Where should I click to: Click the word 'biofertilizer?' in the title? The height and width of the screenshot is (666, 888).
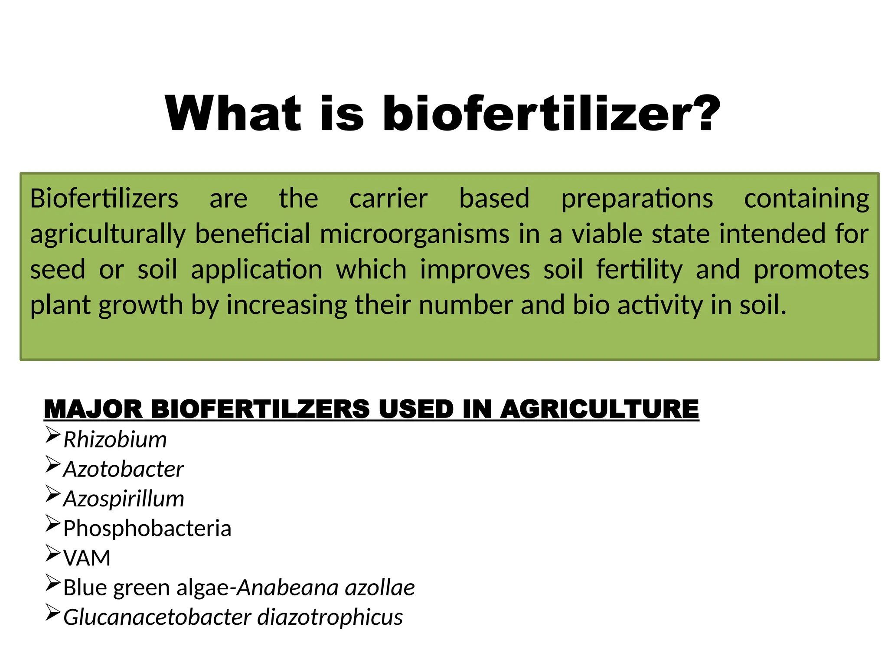coord(552,114)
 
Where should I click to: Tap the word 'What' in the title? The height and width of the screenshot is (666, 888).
coord(233,114)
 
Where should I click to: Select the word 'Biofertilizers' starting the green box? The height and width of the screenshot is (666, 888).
coord(104,199)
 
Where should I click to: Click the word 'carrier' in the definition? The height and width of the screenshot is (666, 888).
coord(388,199)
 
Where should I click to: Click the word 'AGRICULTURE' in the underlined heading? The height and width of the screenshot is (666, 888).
coord(599,409)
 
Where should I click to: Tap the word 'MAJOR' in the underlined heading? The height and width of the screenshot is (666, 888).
coord(93,409)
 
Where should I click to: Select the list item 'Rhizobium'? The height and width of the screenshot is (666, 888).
coord(115,440)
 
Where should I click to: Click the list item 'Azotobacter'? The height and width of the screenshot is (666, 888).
coord(124,469)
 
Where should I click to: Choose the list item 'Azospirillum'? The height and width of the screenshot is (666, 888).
coord(124,499)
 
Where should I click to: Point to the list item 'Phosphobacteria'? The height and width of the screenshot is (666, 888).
coord(147,529)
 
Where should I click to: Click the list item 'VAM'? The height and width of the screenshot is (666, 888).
coord(87,558)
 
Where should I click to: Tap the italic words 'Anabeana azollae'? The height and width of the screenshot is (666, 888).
coord(326,588)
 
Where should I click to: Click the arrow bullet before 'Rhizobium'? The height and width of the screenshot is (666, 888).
coord(52,435)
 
